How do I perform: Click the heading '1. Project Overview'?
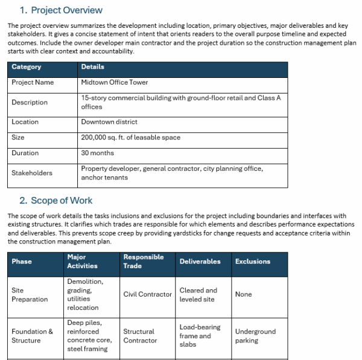(x=60, y=10)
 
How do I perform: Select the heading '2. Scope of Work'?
(x=56, y=201)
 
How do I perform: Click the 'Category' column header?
(x=27, y=67)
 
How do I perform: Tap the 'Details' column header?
(x=93, y=67)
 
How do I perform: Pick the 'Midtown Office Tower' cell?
(x=115, y=83)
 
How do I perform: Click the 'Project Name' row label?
(x=33, y=83)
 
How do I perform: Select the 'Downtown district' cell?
(x=109, y=122)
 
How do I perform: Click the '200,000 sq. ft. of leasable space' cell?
(x=131, y=138)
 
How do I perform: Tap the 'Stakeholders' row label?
(x=32, y=173)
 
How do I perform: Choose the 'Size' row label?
(x=18, y=138)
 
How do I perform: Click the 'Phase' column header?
(x=22, y=262)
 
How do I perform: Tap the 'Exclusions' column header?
(x=253, y=262)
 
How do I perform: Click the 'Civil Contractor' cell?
(x=148, y=295)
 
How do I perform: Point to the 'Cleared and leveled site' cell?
(x=198, y=295)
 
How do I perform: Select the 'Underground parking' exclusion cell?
(x=255, y=336)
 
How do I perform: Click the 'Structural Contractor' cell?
(x=139, y=336)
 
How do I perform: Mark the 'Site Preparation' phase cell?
(x=30, y=295)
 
